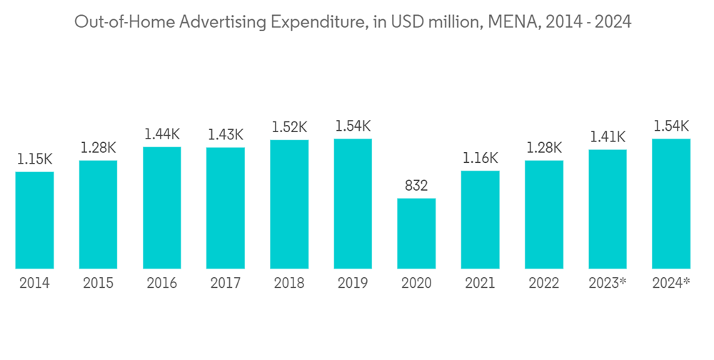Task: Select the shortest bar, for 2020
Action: (x=416, y=233)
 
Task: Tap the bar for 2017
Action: (x=226, y=208)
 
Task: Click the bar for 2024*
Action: (x=671, y=204)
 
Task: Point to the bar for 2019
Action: (x=353, y=204)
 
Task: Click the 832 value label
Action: (x=416, y=186)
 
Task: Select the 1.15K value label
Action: (x=34, y=159)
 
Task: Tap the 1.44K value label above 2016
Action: (x=162, y=134)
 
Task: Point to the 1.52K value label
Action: (x=289, y=127)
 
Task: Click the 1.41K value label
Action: (x=608, y=136)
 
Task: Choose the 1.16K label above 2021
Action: (x=480, y=158)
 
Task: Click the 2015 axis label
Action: (x=98, y=284)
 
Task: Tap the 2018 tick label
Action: (x=289, y=284)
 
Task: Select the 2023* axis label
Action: (x=608, y=284)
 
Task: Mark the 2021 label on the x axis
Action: (x=480, y=284)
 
